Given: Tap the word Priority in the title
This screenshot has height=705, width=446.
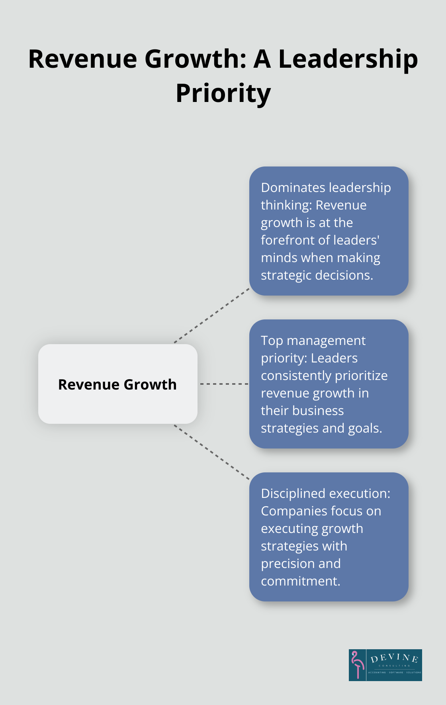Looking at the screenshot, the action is [x=223, y=94].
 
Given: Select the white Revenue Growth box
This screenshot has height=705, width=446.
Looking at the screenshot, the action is [x=118, y=384].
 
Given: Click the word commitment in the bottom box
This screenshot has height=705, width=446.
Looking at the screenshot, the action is [x=301, y=581].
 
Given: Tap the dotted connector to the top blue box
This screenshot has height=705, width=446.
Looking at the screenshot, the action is [x=212, y=315].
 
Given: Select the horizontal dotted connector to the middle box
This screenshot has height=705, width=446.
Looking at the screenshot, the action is [x=224, y=384].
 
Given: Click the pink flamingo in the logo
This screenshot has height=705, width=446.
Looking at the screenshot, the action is [x=357, y=664].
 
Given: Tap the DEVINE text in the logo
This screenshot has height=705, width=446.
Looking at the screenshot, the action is [x=394, y=658].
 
